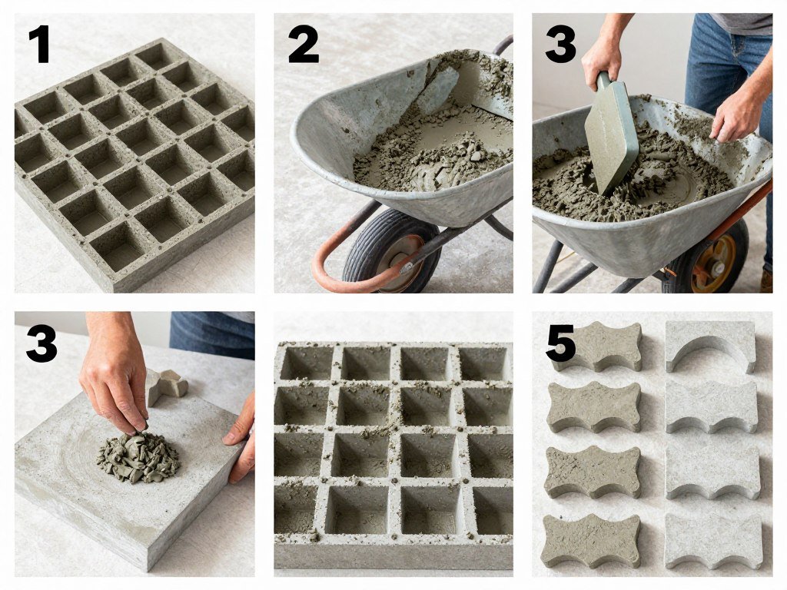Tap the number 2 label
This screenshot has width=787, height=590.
pyautogui.click(x=303, y=45)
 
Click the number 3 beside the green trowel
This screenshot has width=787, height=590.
pyautogui.click(x=560, y=45)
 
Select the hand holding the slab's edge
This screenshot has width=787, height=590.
pyautogui.click(x=242, y=438)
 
